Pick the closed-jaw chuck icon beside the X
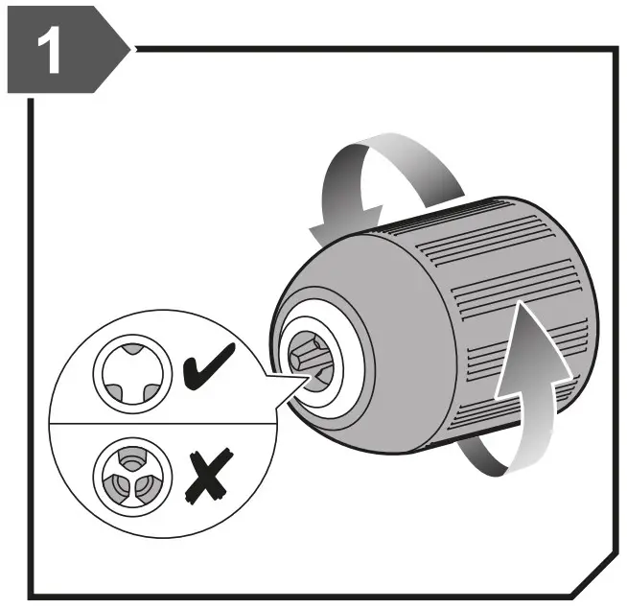[x=126, y=471]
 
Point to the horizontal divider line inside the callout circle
[x=153, y=420]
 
